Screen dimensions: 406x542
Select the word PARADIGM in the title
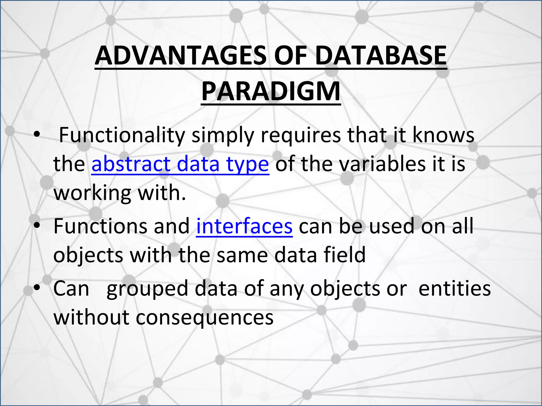271,91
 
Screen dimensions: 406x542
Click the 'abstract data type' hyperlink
180,164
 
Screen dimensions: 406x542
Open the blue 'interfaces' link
244,226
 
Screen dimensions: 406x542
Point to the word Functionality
122,135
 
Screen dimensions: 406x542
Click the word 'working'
92,193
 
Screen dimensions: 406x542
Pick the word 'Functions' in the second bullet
100,226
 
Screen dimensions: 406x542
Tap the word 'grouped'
147,289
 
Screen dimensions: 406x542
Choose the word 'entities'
454,289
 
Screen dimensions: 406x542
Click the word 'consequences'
205,317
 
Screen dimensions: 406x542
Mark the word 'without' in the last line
91,317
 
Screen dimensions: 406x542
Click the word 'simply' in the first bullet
222,135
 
